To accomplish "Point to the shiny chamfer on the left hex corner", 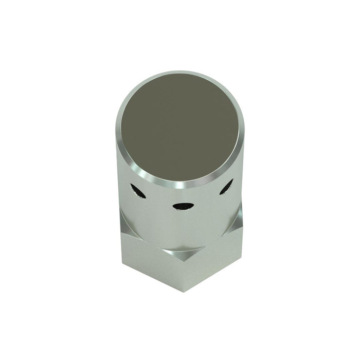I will (x=125, y=222).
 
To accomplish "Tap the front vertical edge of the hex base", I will (x=182, y=273).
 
